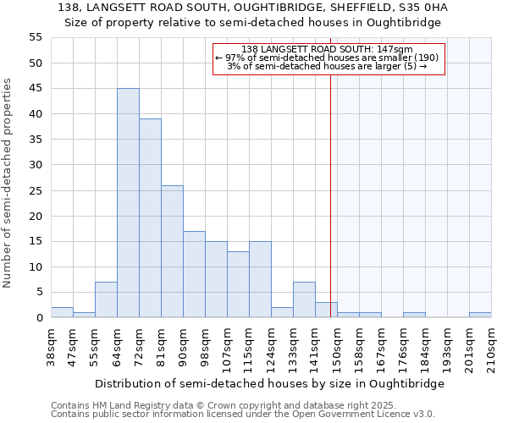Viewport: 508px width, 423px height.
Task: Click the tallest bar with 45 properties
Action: tap(128, 203)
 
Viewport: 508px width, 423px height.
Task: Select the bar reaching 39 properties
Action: tap(150, 218)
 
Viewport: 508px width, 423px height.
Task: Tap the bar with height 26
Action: tap(172, 251)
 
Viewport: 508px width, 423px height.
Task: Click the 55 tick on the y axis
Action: tap(36, 37)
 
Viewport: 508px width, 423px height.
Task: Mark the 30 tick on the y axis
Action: tap(36, 165)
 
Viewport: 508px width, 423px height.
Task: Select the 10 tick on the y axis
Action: tap(36, 266)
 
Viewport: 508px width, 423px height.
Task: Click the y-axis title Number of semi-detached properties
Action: tap(8, 183)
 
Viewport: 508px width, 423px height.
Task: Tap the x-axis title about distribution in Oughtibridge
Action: tap(269, 383)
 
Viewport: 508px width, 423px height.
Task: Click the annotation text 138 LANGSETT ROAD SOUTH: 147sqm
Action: tap(327, 50)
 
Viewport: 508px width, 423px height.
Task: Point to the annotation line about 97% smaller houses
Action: tap(327, 58)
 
